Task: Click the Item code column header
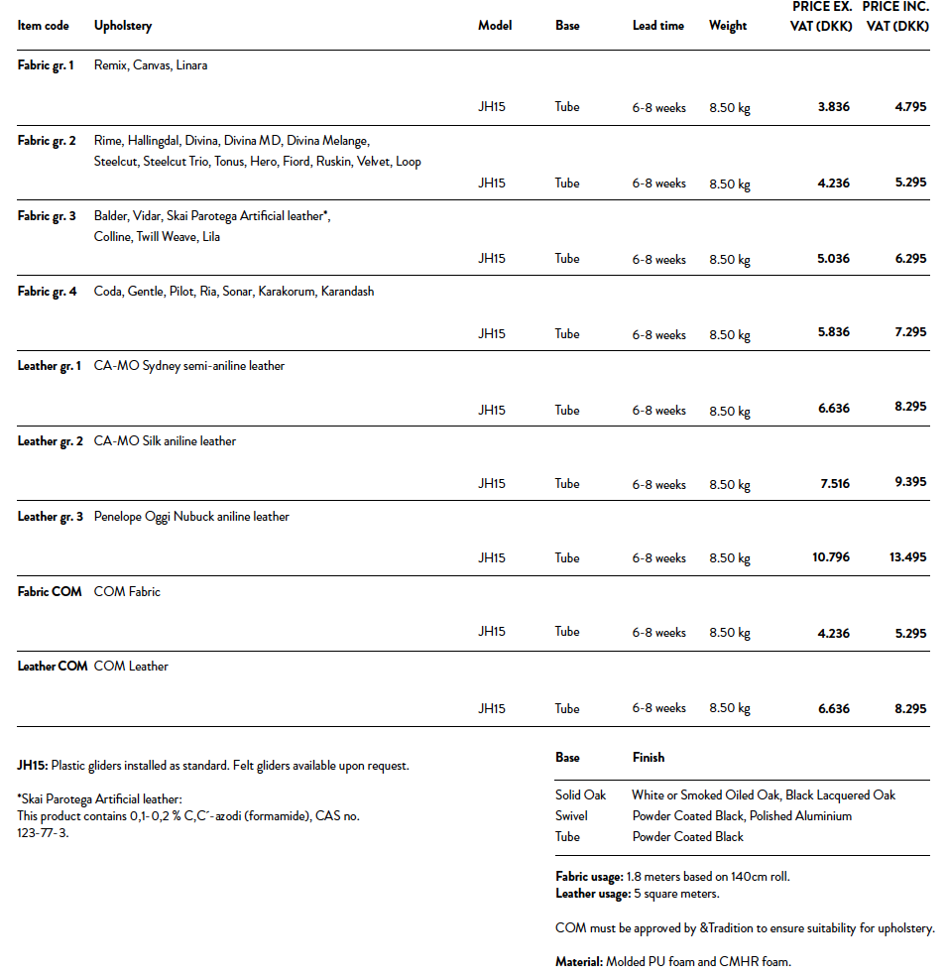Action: (44, 26)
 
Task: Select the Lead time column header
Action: (657, 26)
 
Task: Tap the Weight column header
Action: (728, 26)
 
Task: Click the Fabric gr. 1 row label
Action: (46, 65)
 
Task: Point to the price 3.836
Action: (833, 106)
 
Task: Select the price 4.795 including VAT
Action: (909, 106)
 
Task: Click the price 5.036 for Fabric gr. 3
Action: (833, 258)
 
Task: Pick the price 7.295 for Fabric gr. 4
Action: (909, 333)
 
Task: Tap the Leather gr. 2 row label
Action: (51, 441)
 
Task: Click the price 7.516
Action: (833, 484)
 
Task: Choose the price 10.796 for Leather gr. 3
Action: (830, 557)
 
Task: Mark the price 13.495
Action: (907, 557)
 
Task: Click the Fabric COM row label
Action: (50, 592)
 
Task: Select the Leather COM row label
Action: (53, 667)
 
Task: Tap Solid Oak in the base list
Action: (580, 795)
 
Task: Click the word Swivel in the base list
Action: (571, 816)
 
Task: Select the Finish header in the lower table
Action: (649, 758)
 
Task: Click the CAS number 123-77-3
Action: (43, 833)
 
